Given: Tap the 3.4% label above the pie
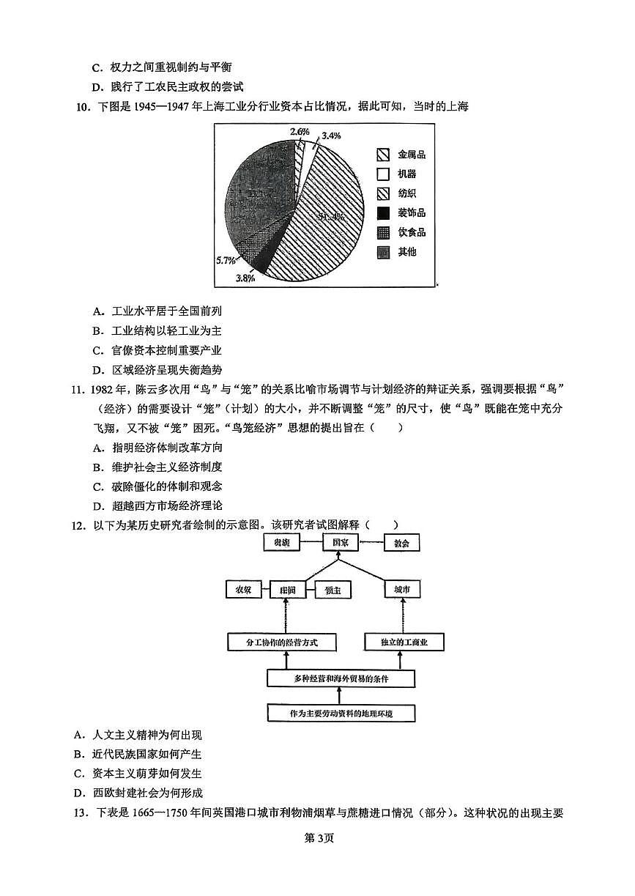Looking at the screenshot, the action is tap(331, 136).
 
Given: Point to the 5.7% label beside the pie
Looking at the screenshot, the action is tap(226, 261).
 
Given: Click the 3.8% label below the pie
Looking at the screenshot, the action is tap(245, 278).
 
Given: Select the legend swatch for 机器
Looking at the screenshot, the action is tap(382, 174).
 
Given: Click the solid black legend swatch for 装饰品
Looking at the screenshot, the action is tap(382, 213).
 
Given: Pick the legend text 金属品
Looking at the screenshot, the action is tap(411, 155).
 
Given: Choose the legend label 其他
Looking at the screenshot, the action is tap(406, 252).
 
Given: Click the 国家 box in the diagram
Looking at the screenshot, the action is tap(339, 543).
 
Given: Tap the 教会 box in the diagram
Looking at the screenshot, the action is tap(401, 544).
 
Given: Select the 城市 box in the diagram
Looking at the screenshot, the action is tap(402, 590).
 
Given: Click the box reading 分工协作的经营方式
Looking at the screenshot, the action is tap(282, 643).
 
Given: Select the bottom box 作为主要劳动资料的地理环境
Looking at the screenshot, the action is tap(341, 713).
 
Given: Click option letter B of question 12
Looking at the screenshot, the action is tap(77, 754).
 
